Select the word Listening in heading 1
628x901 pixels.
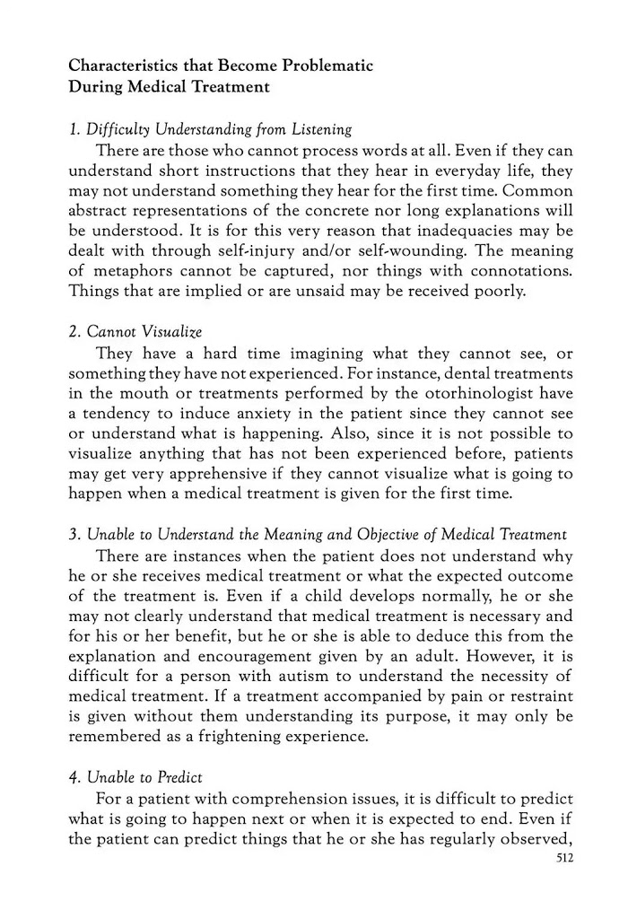tap(318, 129)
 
